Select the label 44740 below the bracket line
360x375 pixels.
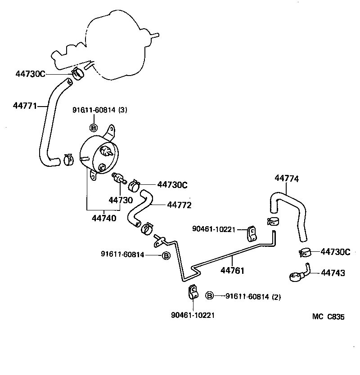(x=104, y=219)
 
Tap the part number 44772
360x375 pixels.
(x=179, y=205)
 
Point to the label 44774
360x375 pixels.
(x=287, y=179)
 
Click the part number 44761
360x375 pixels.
(x=232, y=270)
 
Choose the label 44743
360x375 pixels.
(x=333, y=273)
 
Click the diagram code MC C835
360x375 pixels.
(x=328, y=317)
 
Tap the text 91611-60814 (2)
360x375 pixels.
(x=253, y=296)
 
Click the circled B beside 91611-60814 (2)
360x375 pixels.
(x=209, y=296)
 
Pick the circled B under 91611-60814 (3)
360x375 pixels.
(x=94, y=128)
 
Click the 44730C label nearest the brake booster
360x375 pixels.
(x=30, y=74)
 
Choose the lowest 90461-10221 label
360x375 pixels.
(x=193, y=315)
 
